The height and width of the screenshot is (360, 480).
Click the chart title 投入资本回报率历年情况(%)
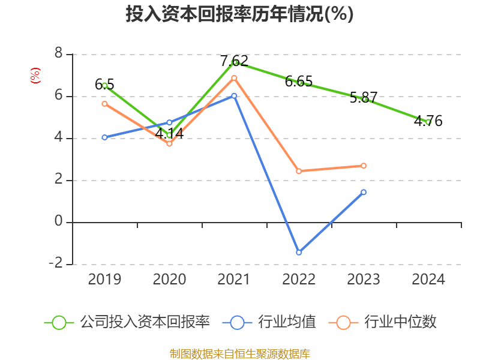coord(239,14)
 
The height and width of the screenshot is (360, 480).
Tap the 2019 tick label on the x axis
coord(104,280)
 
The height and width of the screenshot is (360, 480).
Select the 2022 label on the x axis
coord(299,280)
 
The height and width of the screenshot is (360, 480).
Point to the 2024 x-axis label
coord(428,280)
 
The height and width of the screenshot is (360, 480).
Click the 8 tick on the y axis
coord(58,53)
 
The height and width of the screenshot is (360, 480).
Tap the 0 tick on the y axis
coord(58,221)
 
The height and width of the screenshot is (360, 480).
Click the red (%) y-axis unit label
coord(35,75)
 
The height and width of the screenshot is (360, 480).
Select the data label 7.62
coord(234,61)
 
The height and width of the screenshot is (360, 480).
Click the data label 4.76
coord(428,121)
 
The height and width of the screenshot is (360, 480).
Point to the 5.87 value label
coord(364,98)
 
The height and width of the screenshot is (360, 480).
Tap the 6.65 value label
coord(299,81)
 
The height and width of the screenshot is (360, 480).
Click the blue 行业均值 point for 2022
coord(299,252)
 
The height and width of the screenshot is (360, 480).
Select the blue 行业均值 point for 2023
coord(364,192)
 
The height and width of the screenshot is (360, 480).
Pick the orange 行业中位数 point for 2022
coord(299,171)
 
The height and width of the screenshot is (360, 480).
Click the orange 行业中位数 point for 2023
coord(364,166)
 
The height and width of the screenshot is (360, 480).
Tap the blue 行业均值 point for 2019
coord(104,137)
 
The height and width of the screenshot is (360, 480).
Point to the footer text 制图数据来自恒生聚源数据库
coord(240,353)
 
